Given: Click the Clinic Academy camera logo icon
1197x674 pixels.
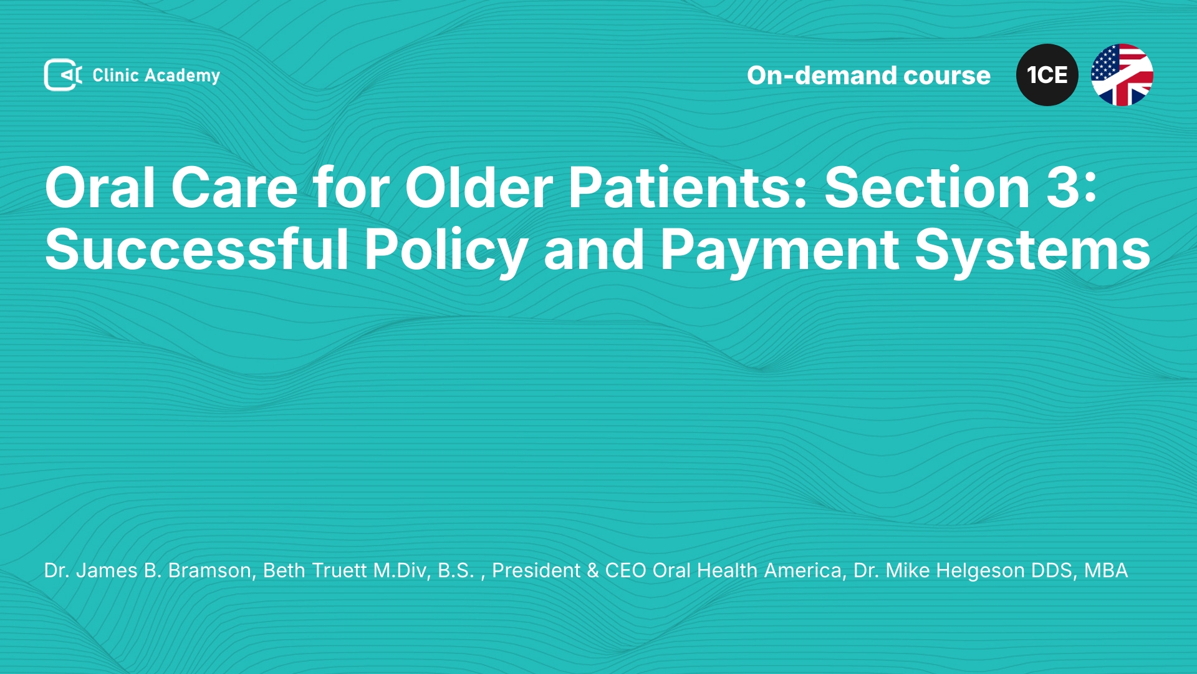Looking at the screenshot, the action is [63, 75].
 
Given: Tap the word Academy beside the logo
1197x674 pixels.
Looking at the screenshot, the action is [182, 76].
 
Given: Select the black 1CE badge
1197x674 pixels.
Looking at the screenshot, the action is [1047, 75].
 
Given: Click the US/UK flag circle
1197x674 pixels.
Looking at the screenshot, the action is [1122, 75].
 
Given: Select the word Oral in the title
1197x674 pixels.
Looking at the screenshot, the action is [100, 187].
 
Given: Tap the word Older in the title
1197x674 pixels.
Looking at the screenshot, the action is [479, 187].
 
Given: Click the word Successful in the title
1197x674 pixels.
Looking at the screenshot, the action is [196, 249].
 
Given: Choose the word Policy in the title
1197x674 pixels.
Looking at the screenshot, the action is [446, 252].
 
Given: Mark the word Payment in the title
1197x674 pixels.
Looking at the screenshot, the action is [779, 252].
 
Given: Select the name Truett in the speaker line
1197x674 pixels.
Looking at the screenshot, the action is [339, 570].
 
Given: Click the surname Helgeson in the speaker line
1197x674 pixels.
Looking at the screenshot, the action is [955, 571].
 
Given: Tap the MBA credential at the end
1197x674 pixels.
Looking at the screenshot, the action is [1106, 570].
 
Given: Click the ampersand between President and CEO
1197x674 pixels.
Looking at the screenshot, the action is [592, 570].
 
